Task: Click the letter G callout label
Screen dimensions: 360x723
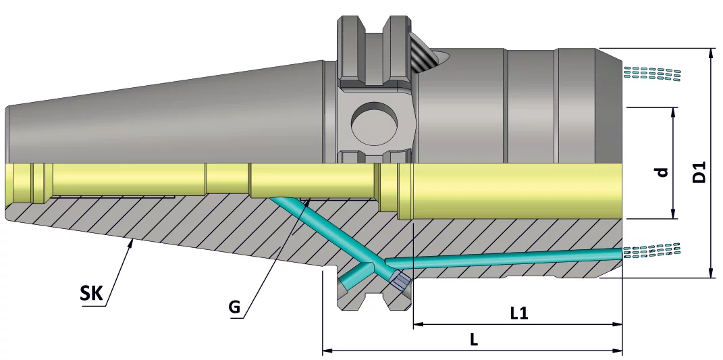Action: point(234,307)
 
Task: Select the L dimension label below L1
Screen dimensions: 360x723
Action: point(474,340)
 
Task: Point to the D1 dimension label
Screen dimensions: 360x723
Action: point(699,173)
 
